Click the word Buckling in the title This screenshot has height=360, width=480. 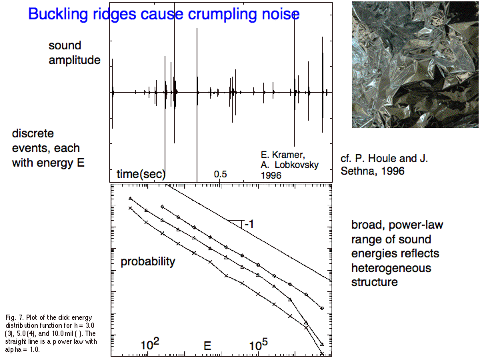coord(58,14)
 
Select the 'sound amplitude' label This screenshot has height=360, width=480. coord(75,53)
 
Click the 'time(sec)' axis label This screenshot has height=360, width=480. coord(141,174)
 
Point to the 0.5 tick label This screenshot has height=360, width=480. coord(221,174)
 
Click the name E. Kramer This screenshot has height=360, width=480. coord(283,155)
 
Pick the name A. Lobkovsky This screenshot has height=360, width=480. coord(289,165)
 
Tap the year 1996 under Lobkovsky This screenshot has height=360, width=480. coord(271,175)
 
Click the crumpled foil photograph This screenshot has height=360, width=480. coord(415,65)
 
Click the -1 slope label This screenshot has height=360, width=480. coord(249,225)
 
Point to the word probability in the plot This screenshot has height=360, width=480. coord(148,262)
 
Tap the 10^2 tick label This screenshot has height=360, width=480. coord(150,345)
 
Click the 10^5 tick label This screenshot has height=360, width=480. coord(259,345)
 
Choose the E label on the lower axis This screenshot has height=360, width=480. coord(207,346)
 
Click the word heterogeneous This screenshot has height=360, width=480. coord(391,268)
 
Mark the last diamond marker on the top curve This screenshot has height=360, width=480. coord(322,308)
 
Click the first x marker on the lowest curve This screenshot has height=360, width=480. coord(130,208)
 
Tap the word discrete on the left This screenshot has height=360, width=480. coord(33,133)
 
